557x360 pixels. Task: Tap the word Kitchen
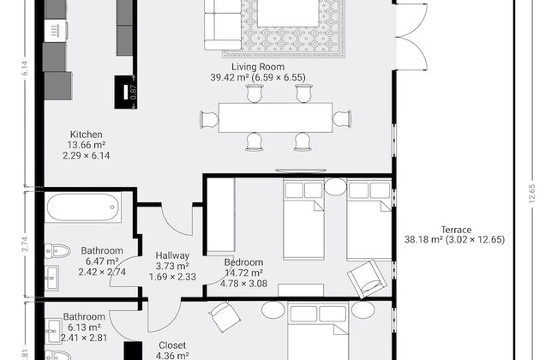coord(86,135)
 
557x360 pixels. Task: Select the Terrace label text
coord(456,229)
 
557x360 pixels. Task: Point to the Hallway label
coord(172,255)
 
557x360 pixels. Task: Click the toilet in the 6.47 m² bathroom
coord(57,251)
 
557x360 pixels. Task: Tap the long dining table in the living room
coord(274,117)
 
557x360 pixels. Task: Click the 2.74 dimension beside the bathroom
coord(27,243)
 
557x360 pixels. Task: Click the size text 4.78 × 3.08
coord(244,284)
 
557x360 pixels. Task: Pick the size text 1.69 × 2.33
coord(172,277)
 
